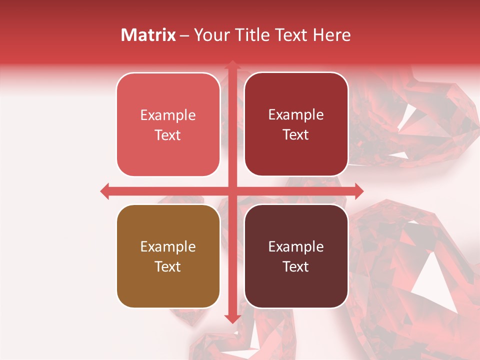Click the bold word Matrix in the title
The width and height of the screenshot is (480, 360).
click(x=148, y=35)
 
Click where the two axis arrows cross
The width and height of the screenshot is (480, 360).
click(x=232, y=191)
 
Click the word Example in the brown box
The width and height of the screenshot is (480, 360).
click(x=168, y=246)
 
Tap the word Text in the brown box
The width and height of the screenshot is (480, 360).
click(x=168, y=266)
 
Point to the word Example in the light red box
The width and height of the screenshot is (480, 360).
click(x=168, y=115)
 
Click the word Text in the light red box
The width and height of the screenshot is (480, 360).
click(x=168, y=135)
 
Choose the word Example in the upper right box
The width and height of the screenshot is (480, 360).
click(x=296, y=114)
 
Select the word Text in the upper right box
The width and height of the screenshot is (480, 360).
click(x=296, y=134)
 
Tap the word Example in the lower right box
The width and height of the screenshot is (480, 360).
click(x=296, y=246)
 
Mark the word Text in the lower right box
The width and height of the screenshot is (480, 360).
click(x=296, y=266)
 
